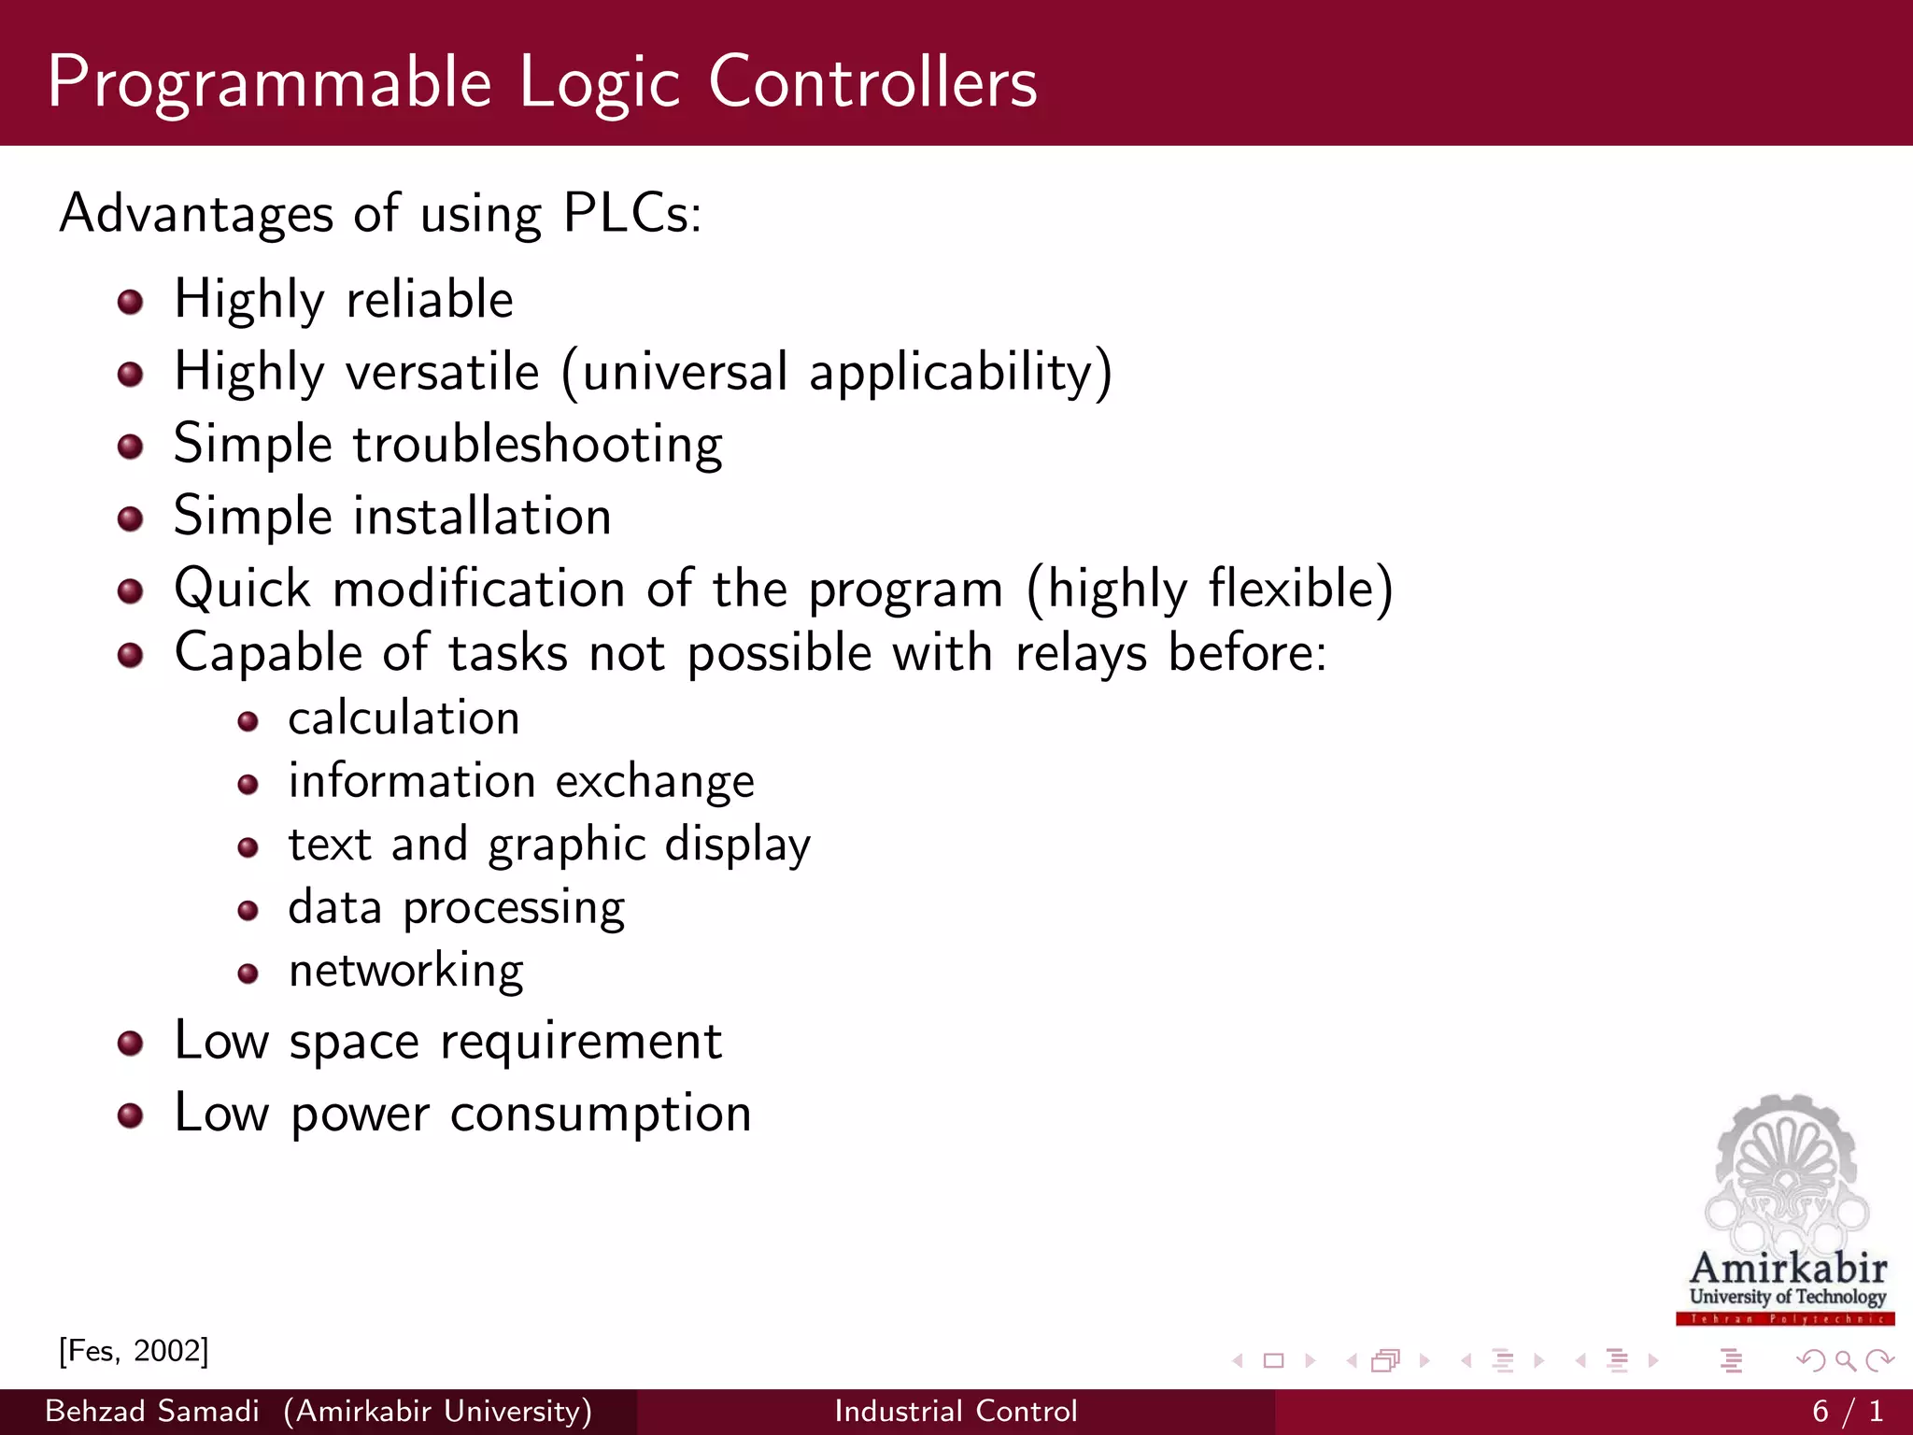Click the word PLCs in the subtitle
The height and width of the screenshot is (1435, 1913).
(631, 213)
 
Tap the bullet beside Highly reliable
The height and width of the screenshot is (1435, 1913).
(131, 302)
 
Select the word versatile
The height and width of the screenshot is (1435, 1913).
(443, 372)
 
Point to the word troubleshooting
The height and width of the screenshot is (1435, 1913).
(537, 445)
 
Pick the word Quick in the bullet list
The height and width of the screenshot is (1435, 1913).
(242, 590)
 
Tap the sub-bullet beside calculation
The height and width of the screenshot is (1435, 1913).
(248, 721)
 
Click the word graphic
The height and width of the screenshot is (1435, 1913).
(566, 845)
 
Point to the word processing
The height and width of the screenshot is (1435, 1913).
(514, 909)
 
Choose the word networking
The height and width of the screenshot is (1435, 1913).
(405, 972)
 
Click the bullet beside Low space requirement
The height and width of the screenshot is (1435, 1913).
(131, 1043)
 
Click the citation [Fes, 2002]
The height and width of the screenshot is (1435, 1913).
(134, 1351)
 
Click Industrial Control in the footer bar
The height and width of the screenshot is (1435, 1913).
(956, 1411)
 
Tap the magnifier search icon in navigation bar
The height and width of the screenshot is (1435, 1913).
(1845, 1361)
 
